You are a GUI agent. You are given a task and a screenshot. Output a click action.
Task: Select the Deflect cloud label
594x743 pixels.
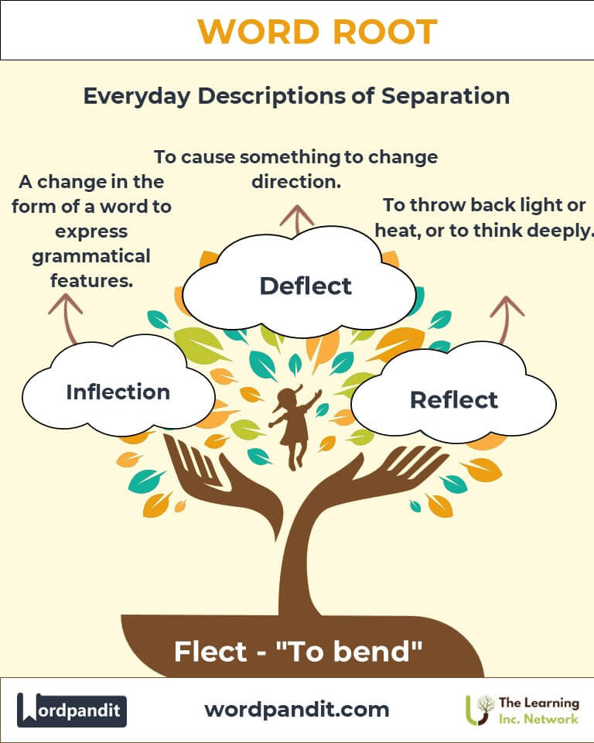click(306, 286)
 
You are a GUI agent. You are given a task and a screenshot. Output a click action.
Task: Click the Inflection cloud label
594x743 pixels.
click(118, 392)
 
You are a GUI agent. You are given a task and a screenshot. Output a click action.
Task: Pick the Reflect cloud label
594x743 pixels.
click(454, 399)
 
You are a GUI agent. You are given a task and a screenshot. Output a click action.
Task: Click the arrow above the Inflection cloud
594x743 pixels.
click(67, 317)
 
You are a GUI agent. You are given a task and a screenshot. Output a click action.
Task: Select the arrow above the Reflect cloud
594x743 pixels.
click(507, 317)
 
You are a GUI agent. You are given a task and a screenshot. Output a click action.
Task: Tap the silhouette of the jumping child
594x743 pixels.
click(294, 426)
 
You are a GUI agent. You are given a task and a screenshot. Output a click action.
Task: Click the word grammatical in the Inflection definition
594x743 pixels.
click(91, 255)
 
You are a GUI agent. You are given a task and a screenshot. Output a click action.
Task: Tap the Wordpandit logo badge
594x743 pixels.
click(72, 709)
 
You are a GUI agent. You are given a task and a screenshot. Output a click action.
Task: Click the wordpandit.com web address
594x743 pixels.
click(297, 709)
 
